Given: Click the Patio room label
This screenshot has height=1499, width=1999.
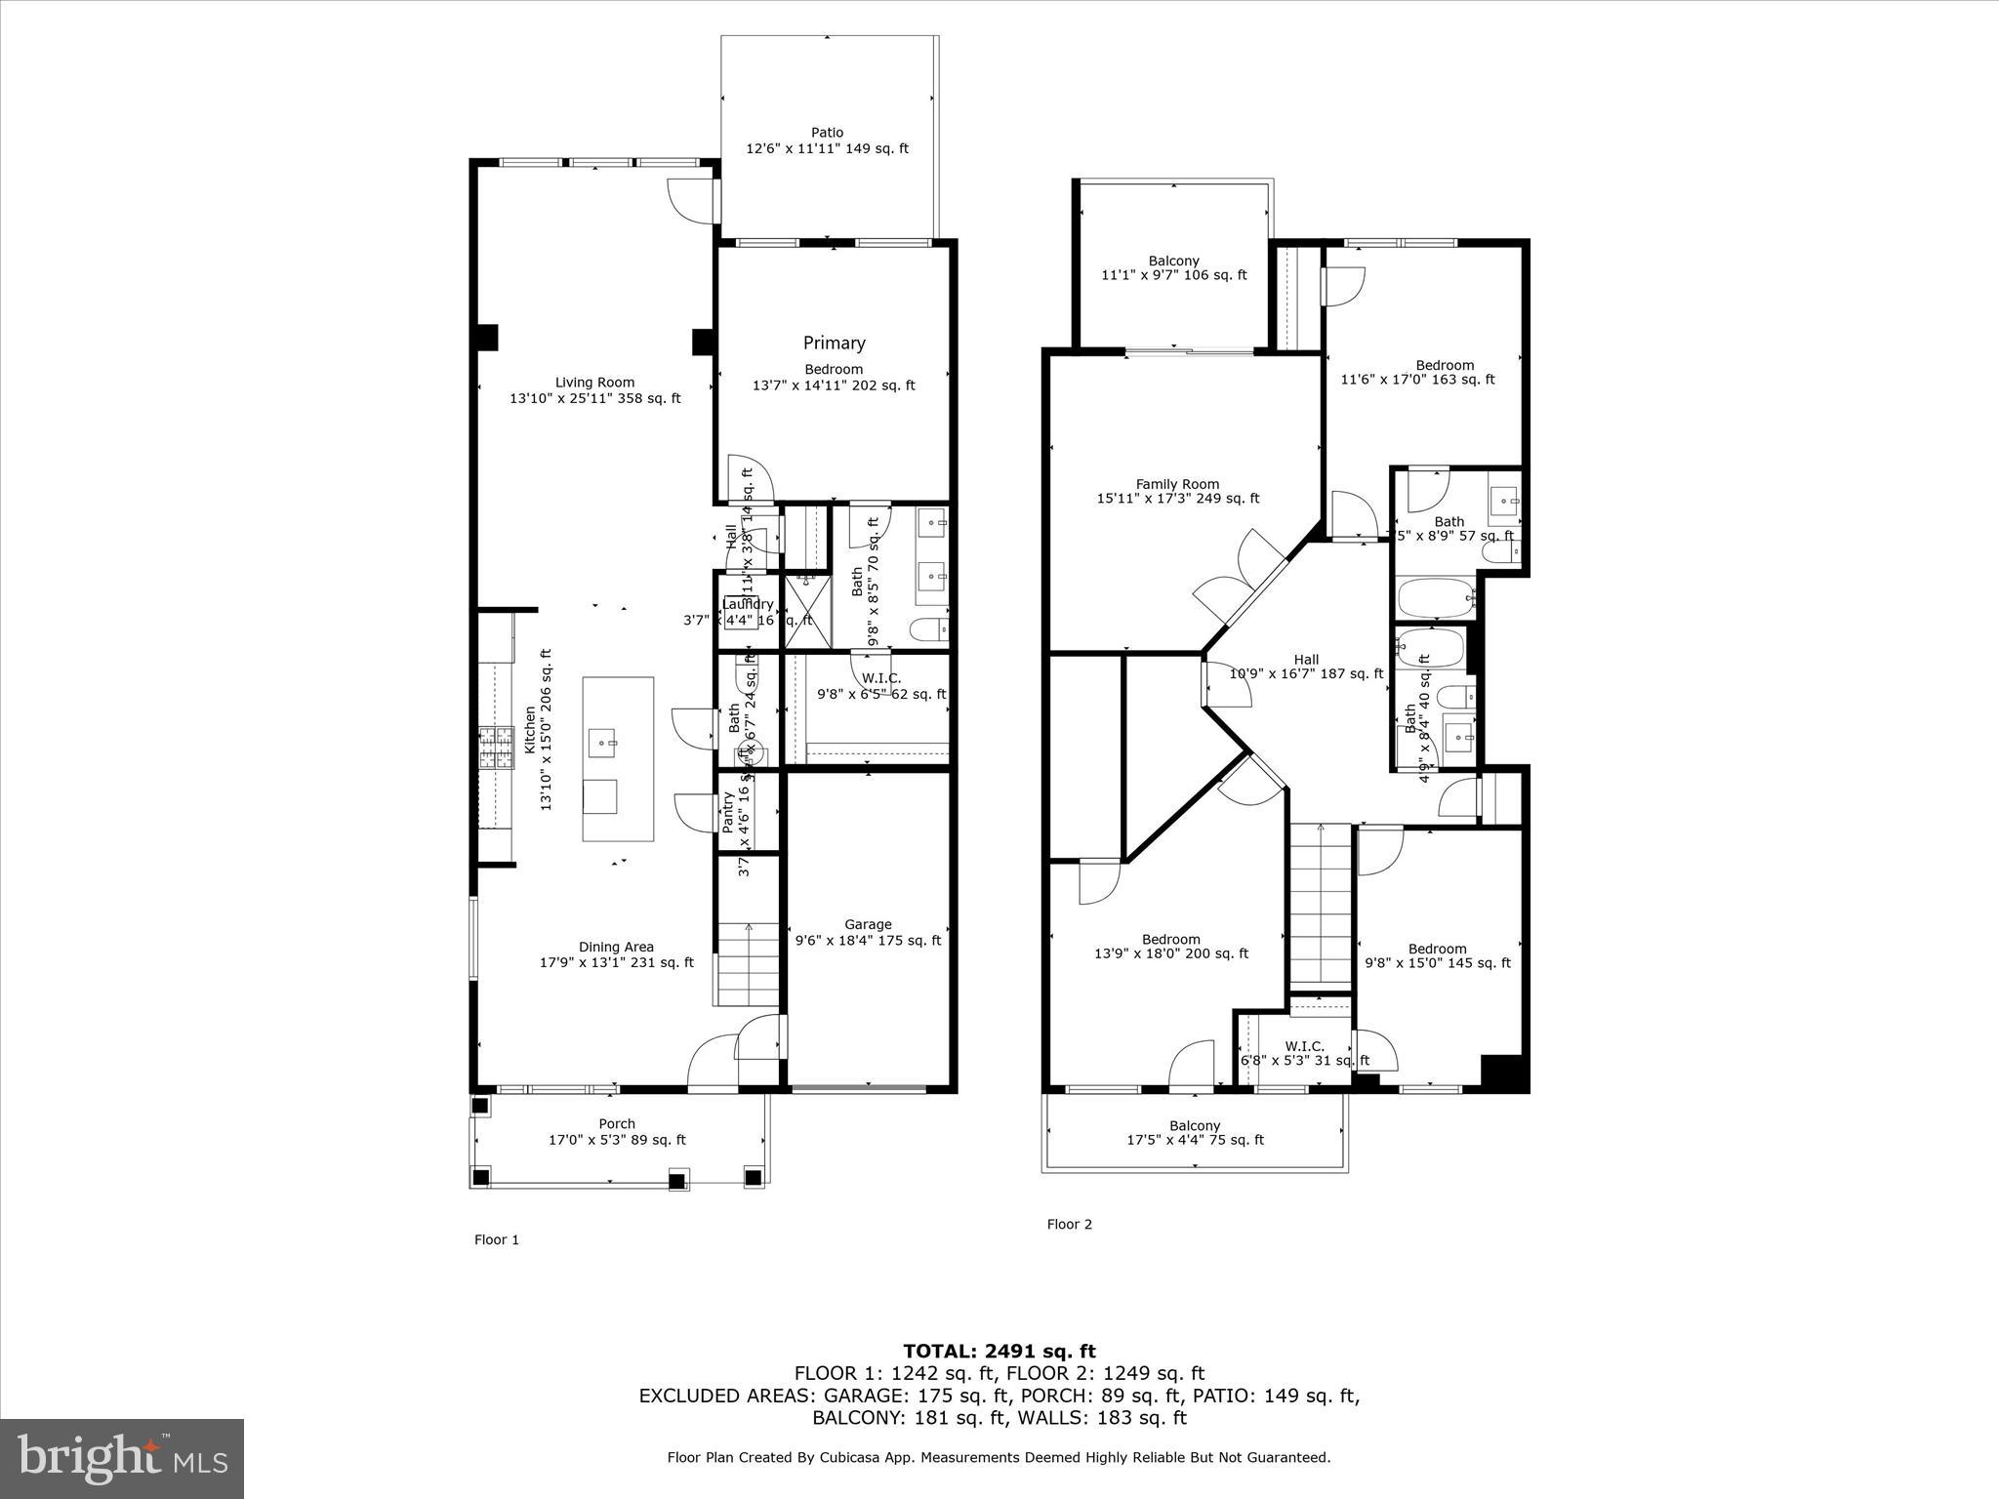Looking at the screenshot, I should tap(827, 141).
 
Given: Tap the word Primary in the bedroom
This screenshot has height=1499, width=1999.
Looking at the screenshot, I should tap(834, 343).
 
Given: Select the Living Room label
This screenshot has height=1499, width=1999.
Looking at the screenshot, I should tap(594, 390).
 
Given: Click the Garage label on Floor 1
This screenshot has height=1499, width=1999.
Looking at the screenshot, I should tap(868, 932).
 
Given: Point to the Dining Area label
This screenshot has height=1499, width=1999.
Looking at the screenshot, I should tap(616, 954).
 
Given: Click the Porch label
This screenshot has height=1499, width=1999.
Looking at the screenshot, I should tap(617, 1132).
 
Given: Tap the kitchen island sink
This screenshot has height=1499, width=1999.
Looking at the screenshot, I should tap(603, 743).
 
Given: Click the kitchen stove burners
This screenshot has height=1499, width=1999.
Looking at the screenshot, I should tap(495, 749).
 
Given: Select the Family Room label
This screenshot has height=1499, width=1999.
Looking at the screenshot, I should tap(1177, 491).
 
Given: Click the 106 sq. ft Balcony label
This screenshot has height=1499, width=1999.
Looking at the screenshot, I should tap(1173, 267).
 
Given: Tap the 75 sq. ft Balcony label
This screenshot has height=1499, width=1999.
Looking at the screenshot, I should tap(1195, 1132).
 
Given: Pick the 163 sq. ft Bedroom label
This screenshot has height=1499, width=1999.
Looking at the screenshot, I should tap(1445, 372).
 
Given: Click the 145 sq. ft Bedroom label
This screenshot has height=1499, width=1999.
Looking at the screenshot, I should tap(1437, 955).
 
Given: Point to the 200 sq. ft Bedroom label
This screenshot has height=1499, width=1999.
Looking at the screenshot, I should tap(1170, 947).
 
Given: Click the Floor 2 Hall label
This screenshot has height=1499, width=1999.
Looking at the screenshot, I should tap(1306, 667).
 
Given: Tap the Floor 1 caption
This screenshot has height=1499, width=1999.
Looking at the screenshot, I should tap(497, 1239).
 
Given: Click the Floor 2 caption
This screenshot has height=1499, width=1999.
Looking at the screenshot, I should tap(1069, 1224).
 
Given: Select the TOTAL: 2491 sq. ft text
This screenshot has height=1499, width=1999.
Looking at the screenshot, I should tap(999, 1351).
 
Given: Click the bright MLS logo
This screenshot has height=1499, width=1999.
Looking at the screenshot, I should tap(122, 1459).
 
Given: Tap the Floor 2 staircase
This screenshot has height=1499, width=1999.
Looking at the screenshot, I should tap(1321, 908).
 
